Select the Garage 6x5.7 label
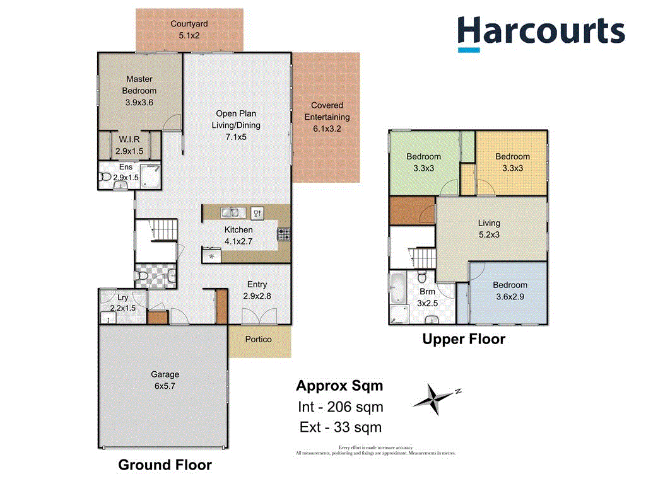tap(164, 380)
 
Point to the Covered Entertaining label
tap(327, 117)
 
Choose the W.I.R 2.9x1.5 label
tap(129, 146)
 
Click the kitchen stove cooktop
tap(283, 234)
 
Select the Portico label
tap(259, 340)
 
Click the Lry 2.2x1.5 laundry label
tap(123, 303)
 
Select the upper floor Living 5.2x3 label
tap(489, 229)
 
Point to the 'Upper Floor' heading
tap(464, 339)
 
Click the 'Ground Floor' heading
tap(165, 465)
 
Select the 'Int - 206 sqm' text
tap(340, 406)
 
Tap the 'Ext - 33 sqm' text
tap(340, 427)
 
